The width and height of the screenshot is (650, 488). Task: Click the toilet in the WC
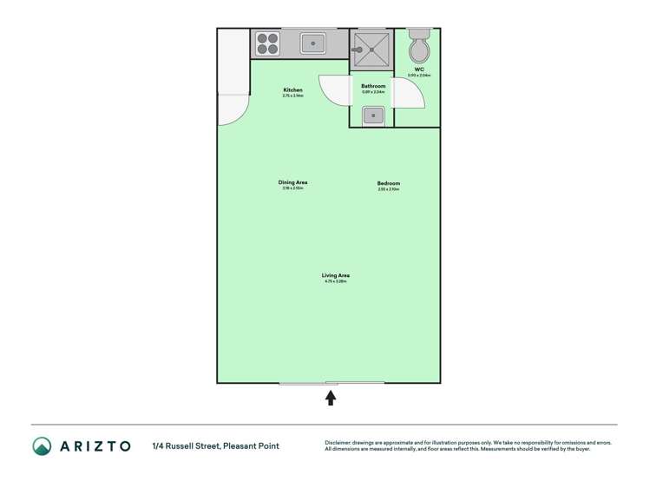[x=418, y=48]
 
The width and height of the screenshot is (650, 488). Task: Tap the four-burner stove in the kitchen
[x=267, y=43]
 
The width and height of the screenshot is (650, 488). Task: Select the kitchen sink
[x=312, y=43]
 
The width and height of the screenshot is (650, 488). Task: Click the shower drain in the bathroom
[x=372, y=49]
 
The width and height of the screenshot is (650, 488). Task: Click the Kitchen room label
[x=293, y=90]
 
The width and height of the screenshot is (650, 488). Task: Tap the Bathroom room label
[x=373, y=86]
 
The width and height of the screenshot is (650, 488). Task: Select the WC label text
[x=419, y=69]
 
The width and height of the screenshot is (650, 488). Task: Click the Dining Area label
[x=293, y=182]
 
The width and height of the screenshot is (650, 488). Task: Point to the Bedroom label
[x=389, y=183]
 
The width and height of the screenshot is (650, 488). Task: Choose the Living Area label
[x=335, y=275]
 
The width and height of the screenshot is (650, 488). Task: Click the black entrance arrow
[x=331, y=398]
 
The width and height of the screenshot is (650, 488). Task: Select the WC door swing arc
[x=410, y=93]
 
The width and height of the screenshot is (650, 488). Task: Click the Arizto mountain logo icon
[x=42, y=446]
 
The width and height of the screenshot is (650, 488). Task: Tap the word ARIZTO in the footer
[x=95, y=446]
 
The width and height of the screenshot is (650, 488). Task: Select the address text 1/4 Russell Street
[x=186, y=446]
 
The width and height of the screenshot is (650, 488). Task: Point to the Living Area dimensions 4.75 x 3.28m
[x=335, y=281]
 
